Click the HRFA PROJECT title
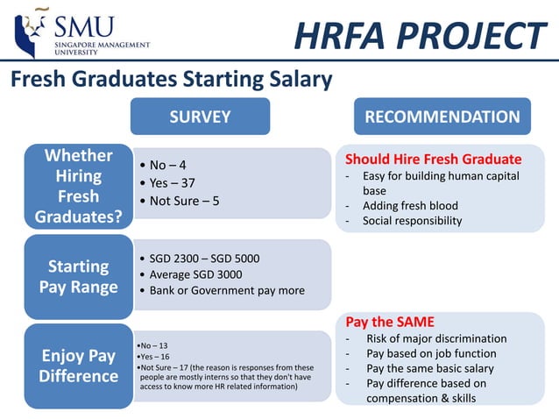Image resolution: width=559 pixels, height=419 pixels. pos(420,36)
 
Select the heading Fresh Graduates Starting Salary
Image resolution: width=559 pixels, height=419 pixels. pos(171,80)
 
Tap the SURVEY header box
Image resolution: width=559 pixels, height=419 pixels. pos(200,117)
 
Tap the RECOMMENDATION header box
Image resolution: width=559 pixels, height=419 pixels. pos(442,117)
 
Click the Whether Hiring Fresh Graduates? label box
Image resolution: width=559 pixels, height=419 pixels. pos(79,186)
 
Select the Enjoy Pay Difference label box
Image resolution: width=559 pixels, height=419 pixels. pos(79,366)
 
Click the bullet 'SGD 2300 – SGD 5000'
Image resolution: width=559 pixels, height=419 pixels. pos(203,259)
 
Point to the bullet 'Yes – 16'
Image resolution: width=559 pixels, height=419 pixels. pos(153,357)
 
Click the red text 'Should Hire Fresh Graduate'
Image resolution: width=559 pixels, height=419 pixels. pos(433,160)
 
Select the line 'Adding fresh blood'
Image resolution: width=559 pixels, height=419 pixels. pos(409,206)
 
